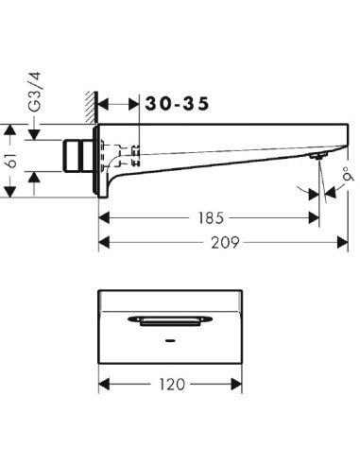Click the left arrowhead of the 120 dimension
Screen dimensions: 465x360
[x=105, y=385]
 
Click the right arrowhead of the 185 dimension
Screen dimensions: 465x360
[x=316, y=216]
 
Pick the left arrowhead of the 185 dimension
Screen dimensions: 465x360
[x=105, y=216]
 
